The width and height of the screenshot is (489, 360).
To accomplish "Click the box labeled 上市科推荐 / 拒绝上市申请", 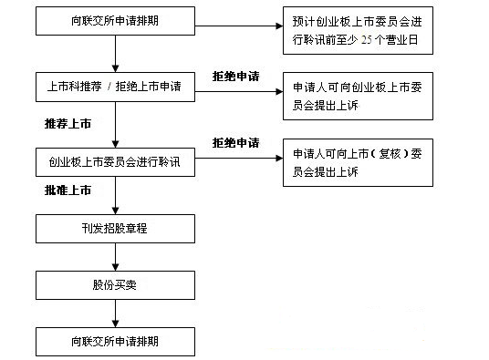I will (114, 87).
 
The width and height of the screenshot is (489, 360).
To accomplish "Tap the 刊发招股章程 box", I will (114, 228).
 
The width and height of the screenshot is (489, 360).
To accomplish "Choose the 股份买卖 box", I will (114, 285).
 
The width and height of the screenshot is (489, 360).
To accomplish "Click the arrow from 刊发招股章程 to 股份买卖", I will (114, 256).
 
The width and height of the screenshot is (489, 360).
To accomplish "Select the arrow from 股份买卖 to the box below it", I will (114, 314).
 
